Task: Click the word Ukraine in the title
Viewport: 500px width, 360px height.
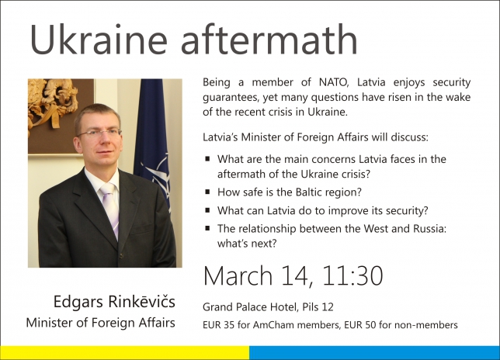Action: coord(99,40)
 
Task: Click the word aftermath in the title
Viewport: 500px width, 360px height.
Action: coord(269,40)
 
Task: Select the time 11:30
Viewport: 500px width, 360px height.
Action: coord(352,275)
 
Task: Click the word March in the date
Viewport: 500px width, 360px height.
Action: coord(238,275)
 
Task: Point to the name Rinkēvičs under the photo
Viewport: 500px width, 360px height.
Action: coord(141,301)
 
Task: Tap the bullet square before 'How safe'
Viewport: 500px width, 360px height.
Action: coord(207,192)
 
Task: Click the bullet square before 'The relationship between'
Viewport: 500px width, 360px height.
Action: coord(207,228)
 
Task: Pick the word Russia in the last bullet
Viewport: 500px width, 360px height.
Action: coord(430,229)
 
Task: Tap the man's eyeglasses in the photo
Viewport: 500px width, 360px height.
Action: coord(99,133)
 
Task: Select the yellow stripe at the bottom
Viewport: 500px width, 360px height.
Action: coord(125,353)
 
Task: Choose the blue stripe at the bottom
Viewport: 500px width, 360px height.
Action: coord(375,353)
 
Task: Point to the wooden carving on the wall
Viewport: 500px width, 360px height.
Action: coord(53,102)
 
